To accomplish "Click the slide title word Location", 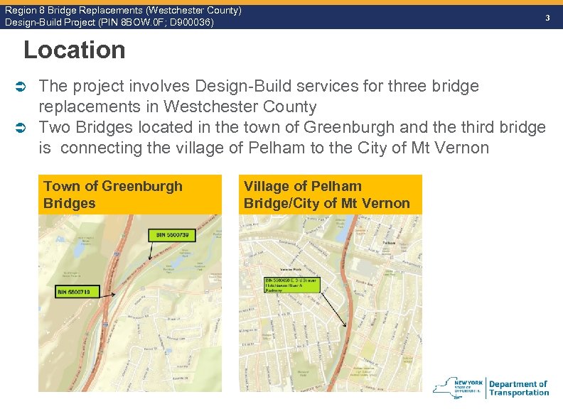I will tap(74, 50).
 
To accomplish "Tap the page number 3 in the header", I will tap(547, 17).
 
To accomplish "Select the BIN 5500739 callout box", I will tap(172, 234).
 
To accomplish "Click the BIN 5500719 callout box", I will tap(79, 292).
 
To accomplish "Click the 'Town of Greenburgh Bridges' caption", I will tap(112, 195).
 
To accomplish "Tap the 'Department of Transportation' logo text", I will tap(519, 388).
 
